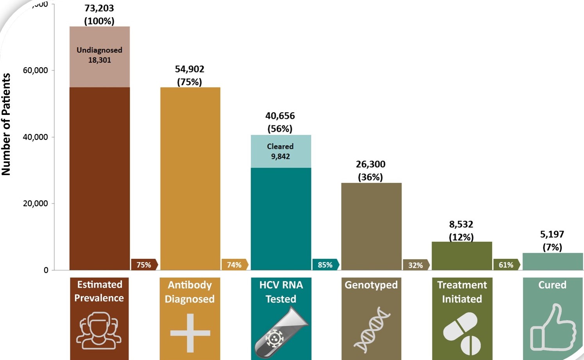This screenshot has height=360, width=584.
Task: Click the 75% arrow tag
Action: click(x=144, y=265)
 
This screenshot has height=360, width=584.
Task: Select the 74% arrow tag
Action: click(x=235, y=265)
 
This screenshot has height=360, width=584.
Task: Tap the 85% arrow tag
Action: click(x=325, y=265)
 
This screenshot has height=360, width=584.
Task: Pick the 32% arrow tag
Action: click(x=416, y=265)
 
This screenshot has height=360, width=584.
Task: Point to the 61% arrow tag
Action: click(x=507, y=265)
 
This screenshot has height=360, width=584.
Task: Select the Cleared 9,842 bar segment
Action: click(x=280, y=151)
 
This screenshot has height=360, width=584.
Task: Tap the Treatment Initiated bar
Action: click(x=462, y=256)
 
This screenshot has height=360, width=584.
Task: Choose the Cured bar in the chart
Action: click(x=552, y=261)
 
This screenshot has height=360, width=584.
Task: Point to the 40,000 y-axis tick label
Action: click(x=35, y=137)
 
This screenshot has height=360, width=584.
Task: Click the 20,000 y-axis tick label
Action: click(x=35, y=204)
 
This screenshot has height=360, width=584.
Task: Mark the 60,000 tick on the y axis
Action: click(x=35, y=70)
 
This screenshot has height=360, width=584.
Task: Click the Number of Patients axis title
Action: click(x=6, y=124)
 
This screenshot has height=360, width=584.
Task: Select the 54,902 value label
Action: click(x=189, y=69)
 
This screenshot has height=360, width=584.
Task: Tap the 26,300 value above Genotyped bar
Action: click(x=370, y=164)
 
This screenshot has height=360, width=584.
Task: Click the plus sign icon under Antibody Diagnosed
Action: click(x=190, y=333)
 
